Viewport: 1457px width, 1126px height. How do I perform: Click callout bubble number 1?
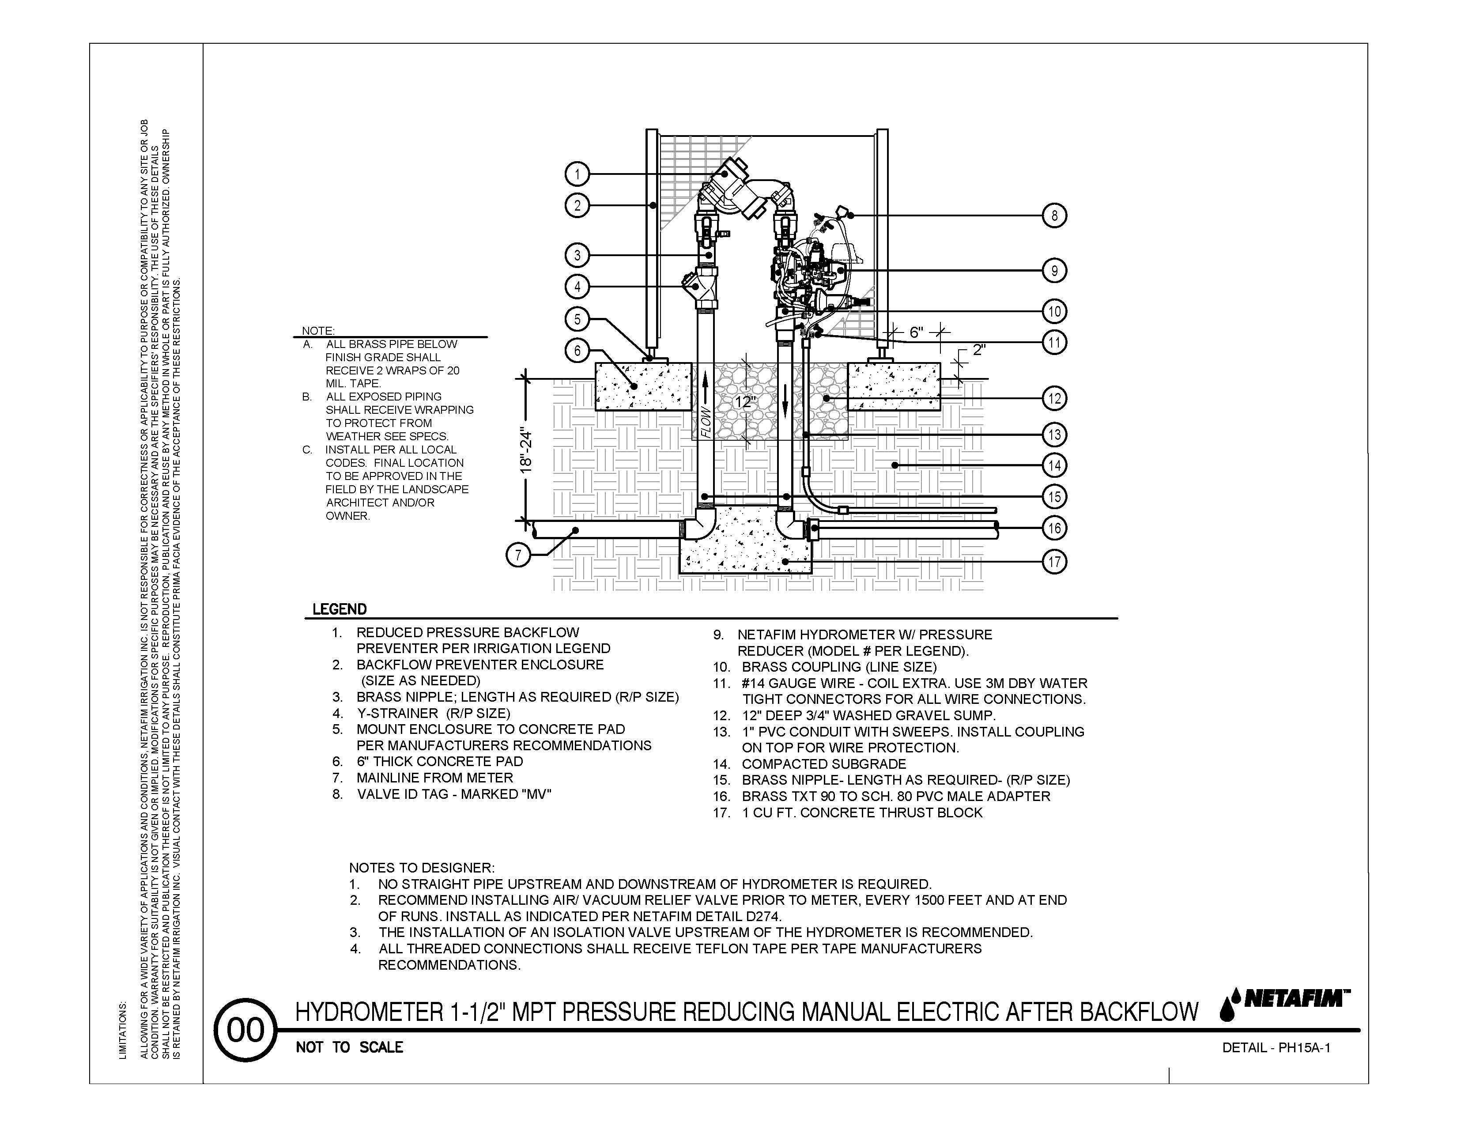coord(577,175)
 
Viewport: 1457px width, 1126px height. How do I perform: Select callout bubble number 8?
coord(1054,215)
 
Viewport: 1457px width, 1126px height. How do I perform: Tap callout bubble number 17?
coord(1054,562)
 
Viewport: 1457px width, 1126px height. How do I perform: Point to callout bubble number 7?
coord(518,555)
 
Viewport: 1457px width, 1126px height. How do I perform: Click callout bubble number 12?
coord(1054,398)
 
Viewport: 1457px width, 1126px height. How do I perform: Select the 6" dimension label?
coord(916,332)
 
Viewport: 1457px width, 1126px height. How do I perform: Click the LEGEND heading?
coord(340,609)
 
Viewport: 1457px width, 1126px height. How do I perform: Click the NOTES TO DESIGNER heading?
coord(422,868)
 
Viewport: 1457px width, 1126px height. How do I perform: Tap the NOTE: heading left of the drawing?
coord(318,331)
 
